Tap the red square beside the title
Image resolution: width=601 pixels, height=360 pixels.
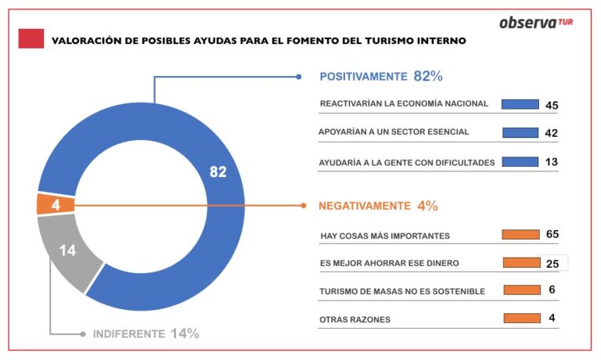click(x=31, y=38)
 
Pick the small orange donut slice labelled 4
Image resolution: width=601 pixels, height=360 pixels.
click(x=55, y=205)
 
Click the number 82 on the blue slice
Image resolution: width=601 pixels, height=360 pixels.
click(x=218, y=172)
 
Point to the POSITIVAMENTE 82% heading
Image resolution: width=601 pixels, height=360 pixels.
click(x=381, y=77)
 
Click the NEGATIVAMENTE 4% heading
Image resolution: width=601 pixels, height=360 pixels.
click(x=378, y=206)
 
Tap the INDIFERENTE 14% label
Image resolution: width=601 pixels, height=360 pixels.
click(x=146, y=333)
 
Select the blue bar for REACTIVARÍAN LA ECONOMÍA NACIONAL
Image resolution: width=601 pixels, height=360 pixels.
click(x=520, y=104)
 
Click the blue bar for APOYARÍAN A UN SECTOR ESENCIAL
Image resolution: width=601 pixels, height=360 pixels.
click(x=520, y=133)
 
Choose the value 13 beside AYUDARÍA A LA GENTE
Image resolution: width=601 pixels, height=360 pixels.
click(x=551, y=162)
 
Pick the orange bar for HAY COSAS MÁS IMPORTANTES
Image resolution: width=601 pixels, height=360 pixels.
click(x=521, y=234)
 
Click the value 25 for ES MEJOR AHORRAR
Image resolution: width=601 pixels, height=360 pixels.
click(x=552, y=263)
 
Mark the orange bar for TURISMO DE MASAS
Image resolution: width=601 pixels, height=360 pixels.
click(x=522, y=290)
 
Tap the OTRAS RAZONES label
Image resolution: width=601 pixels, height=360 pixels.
click(x=354, y=319)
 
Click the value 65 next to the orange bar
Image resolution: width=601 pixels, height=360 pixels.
click(x=552, y=234)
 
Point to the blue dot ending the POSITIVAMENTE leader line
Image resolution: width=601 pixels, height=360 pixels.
click(x=299, y=77)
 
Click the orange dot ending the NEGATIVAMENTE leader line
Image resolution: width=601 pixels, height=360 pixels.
click(x=304, y=206)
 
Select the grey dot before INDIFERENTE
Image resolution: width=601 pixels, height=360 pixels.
click(x=83, y=333)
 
